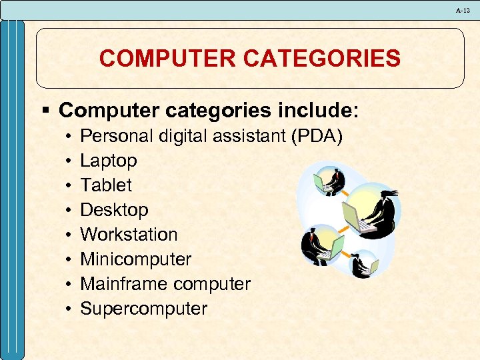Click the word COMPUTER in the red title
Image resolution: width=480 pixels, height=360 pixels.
pos(169,59)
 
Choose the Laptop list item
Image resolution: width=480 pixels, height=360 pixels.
pos(109,161)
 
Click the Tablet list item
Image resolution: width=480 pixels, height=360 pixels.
pos(106,185)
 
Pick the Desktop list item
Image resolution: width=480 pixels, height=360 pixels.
pos(114,210)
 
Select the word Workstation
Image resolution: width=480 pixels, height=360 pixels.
pos(129,235)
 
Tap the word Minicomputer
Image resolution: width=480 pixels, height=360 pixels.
pos(135,259)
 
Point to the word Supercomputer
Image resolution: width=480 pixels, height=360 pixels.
pos(143,309)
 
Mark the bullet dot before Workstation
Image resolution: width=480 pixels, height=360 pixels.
pos(69,235)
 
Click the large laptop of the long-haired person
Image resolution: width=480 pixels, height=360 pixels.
pos(353,216)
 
